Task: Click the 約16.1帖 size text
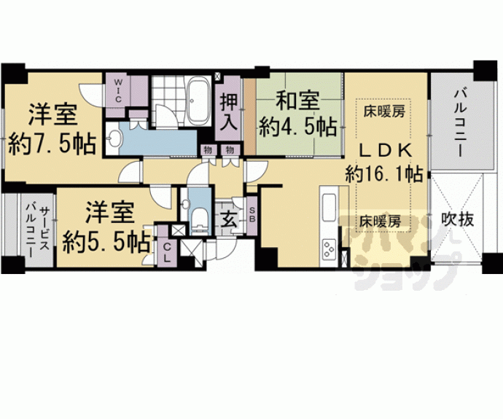click(384, 174)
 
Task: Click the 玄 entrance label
click(227, 218)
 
